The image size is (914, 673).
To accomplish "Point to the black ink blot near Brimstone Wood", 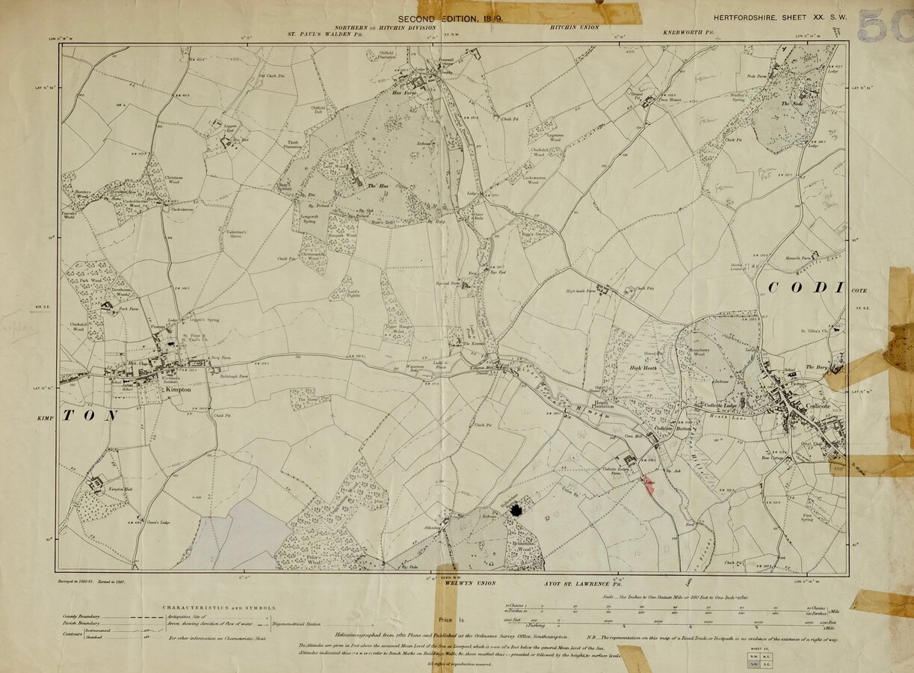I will coord(516,510).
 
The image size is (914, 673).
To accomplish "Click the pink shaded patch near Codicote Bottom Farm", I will coord(648,482).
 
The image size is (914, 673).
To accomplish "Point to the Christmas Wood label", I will coord(173,179).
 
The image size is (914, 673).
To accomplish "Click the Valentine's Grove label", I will coord(235,236).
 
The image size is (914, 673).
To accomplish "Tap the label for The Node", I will coord(791,104).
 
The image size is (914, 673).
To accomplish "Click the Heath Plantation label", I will coord(602,405).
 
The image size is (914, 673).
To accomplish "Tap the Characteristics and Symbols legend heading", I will coord(220,608).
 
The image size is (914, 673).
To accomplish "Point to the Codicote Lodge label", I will coord(720,405).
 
